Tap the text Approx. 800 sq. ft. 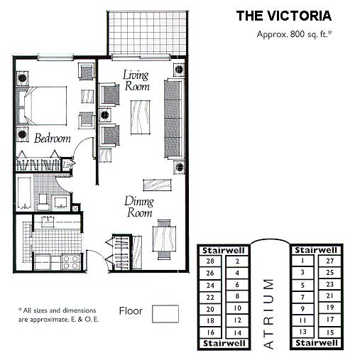pyautogui.click(x=293, y=33)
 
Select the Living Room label pyautogui.click(x=138, y=80)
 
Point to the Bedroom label pyautogui.click(x=53, y=139)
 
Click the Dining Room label pyautogui.click(x=140, y=207)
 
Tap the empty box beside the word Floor pyautogui.click(x=165, y=313)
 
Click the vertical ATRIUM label pyautogui.click(x=268, y=313)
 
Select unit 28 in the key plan pyautogui.click(x=209, y=261)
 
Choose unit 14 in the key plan pyautogui.click(x=236, y=332)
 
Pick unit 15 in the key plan pyautogui.click(x=329, y=332)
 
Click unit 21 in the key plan pyautogui.click(x=329, y=296)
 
